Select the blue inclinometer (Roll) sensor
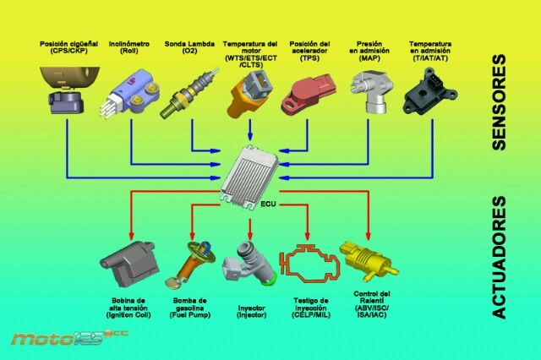point(130,92)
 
